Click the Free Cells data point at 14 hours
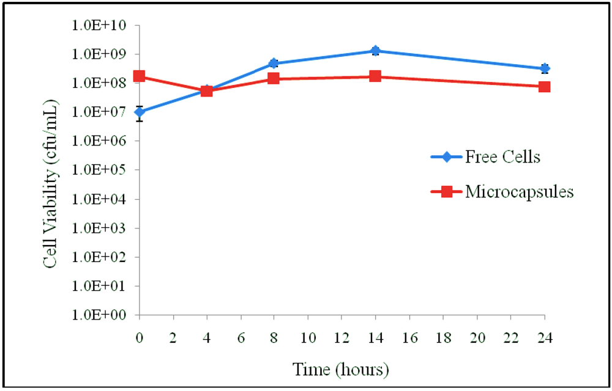coord(375,51)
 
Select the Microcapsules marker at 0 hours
coord(140,76)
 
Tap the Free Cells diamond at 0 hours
coord(140,112)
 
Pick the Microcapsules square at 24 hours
coord(544,87)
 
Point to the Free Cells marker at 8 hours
coord(274,64)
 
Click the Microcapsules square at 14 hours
coord(375,76)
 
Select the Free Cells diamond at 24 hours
coord(544,68)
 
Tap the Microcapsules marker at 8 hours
coord(274,79)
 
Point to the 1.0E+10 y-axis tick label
coord(105,26)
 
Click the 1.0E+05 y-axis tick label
coord(105,170)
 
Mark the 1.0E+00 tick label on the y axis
coord(105,315)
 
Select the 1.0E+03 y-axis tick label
coord(105,228)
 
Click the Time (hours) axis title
coord(341,369)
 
